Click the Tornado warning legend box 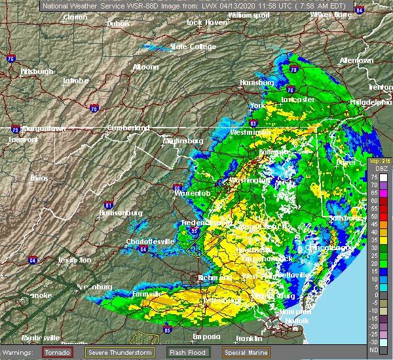coord(58,351)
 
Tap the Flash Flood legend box coord(191,351)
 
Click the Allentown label coord(356,60)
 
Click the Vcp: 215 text coord(379,160)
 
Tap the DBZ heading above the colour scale coord(379,168)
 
